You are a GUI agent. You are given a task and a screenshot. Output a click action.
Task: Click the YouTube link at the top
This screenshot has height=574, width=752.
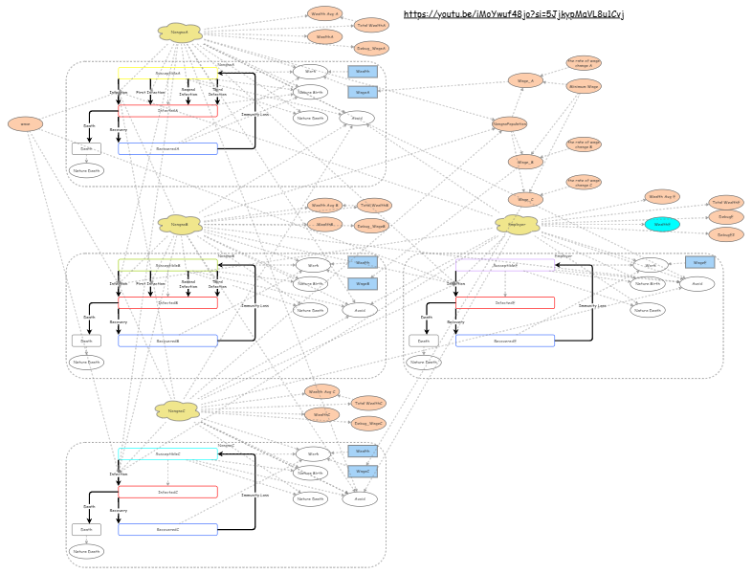[514, 14]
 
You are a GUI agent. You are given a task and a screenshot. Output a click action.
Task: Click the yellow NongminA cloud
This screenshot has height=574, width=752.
[180, 33]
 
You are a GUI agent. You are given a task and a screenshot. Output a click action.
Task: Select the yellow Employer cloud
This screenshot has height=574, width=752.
[517, 224]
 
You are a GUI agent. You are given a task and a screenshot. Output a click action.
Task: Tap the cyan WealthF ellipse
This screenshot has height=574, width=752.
[662, 224]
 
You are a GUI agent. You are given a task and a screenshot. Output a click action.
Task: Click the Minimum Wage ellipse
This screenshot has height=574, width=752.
[584, 86]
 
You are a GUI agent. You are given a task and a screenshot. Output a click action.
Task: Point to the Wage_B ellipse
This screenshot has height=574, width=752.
[525, 162]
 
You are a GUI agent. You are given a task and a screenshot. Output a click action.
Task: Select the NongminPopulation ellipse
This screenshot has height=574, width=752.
[510, 123]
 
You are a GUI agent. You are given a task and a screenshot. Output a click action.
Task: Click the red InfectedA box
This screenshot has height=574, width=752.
[167, 110]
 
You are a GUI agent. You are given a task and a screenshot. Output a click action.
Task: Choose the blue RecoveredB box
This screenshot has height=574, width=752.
[167, 341]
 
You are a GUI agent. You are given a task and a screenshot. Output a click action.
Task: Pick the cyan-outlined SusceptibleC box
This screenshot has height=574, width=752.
[167, 453]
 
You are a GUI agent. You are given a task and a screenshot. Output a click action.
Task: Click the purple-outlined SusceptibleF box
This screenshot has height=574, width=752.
[505, 265]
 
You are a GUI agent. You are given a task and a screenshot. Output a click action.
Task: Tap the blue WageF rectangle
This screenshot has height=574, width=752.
[699, 262]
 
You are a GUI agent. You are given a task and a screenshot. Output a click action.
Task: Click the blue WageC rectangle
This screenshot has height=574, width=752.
[363, 471]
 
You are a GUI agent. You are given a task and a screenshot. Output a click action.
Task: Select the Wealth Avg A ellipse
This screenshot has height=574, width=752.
[325, 13]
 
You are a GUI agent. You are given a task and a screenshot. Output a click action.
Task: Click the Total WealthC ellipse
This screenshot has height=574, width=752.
[368, 403]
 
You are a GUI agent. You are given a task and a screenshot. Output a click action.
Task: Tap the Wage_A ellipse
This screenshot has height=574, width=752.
[525, 80]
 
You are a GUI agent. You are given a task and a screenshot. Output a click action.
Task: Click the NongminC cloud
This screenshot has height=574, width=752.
[177, 410]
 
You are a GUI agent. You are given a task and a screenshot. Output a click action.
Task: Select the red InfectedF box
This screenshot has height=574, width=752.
[505, 302]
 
